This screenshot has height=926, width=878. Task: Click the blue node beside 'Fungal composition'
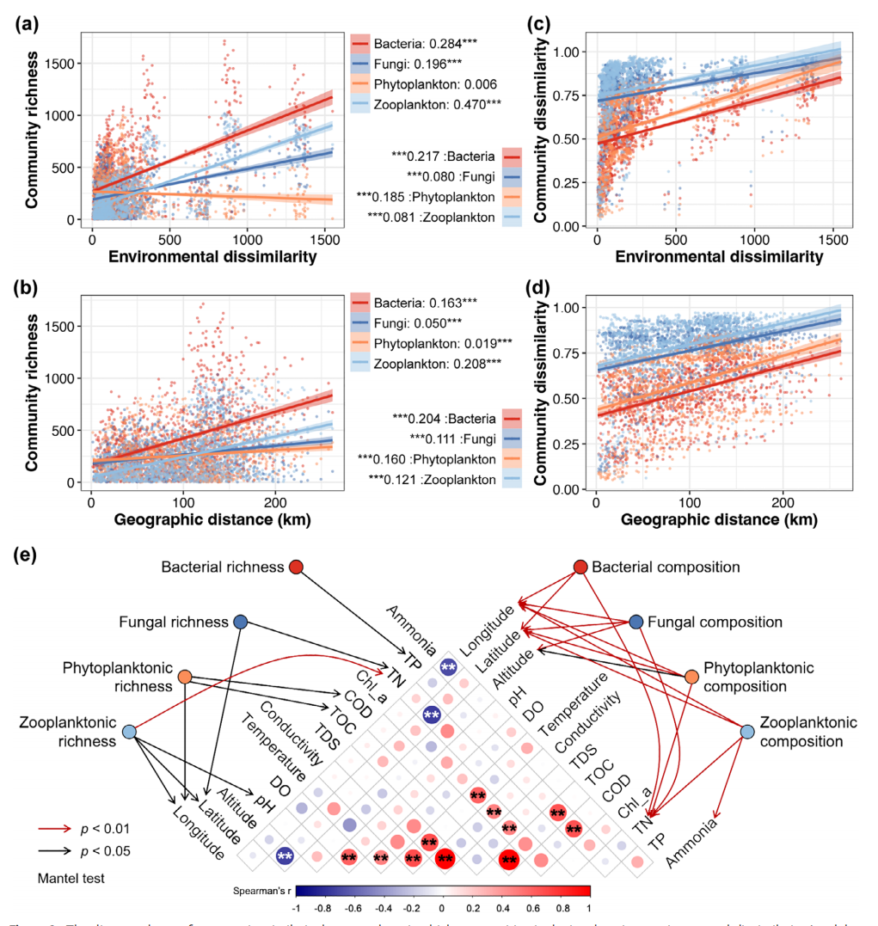(x=635, y=622)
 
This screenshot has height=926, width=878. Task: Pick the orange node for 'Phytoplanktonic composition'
(x=691, y=677)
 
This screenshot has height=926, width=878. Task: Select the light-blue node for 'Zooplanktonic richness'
(x=129, y=732)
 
